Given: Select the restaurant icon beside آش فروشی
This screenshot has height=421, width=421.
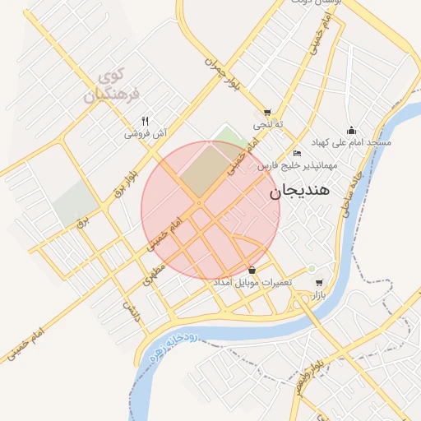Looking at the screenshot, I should (146, 120).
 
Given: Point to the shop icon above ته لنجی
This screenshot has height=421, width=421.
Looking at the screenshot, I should (267, 113).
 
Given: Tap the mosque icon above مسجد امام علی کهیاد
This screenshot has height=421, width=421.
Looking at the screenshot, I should (352, 130).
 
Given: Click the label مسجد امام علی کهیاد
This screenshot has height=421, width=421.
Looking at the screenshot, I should (355, 142).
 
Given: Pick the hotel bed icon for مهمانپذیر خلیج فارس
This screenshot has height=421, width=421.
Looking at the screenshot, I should (297, 154).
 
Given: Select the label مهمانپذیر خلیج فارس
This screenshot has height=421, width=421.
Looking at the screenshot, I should (297, 166).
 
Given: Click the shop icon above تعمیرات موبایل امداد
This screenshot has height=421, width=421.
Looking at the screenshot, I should (252, 271).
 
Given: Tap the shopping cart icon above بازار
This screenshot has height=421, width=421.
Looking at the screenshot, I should (319, 282).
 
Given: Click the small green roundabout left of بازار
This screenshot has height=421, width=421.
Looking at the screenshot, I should (312, 269).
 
